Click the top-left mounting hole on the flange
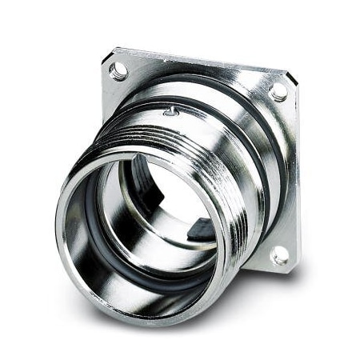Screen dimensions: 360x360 coord(118,72)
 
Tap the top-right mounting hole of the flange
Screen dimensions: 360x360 coord(278,93)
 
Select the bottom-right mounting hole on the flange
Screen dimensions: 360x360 coord(279,256)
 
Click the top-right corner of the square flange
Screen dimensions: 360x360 coord(293,81)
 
